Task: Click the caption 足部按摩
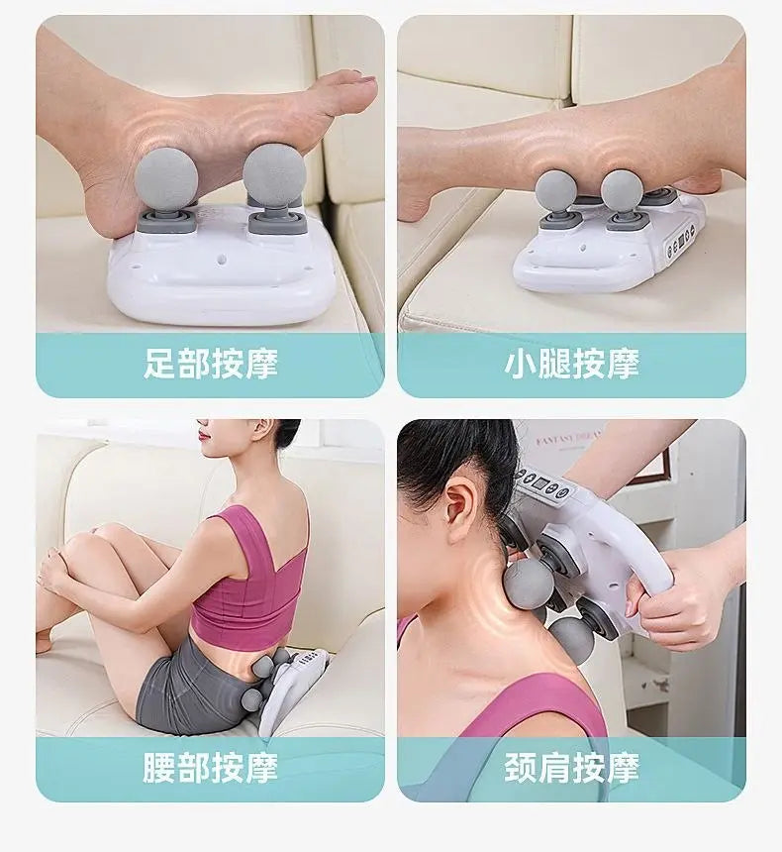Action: click(211, 364)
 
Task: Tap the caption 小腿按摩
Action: click(571, 364)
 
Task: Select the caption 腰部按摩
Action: click(211, 767)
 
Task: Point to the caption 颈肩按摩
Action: click(571, 767)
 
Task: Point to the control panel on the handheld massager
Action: click(544, 484)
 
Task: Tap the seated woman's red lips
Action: click(203, 432)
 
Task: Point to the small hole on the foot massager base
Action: click(221, 261)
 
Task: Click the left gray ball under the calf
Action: click(555, 190)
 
